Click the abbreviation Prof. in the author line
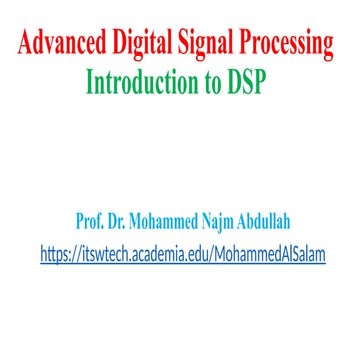coord(92,220)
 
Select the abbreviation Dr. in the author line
coord(123,220)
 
